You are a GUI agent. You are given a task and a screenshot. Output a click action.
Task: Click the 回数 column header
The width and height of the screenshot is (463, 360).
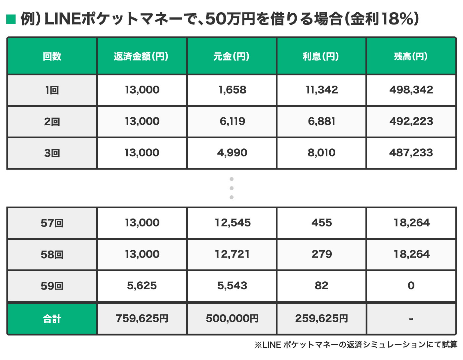(52, 56)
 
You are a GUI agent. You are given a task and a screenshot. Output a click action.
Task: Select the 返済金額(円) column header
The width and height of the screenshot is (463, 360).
(142, 56)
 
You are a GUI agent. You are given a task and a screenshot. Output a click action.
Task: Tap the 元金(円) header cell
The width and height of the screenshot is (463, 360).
(232, 56)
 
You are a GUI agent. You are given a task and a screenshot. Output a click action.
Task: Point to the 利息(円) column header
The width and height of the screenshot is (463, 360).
(321, 56)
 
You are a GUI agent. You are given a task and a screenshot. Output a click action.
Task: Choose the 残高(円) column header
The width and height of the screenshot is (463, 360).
(411, 56)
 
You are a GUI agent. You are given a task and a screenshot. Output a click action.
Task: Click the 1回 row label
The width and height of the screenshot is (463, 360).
(52, 90)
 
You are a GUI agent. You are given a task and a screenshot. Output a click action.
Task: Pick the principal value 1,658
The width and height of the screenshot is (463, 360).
(232, 90)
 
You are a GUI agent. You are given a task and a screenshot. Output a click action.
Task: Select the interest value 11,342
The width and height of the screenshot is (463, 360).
(321, 90)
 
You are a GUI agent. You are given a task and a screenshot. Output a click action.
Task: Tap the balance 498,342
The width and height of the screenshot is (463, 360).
(411, 90)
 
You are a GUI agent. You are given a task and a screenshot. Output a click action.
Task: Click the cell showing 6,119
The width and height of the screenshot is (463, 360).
(232, 121)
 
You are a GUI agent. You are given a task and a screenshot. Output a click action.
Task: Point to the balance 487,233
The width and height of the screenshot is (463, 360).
(411, 153)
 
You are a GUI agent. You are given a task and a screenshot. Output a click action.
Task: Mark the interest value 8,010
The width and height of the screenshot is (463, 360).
(321, 153)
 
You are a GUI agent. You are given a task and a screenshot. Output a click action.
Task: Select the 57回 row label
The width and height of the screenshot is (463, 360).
(52, 223)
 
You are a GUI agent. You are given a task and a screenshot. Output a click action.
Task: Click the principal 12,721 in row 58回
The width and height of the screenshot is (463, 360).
(232, 254)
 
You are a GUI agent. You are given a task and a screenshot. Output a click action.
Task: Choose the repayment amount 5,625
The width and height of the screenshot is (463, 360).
(142, 286)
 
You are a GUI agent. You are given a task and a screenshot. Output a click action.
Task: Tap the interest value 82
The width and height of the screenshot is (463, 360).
(321, 286)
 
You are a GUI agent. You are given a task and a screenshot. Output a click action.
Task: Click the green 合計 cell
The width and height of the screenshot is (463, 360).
(52, 319)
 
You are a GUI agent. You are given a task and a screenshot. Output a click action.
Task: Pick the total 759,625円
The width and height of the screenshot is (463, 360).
(142, 319)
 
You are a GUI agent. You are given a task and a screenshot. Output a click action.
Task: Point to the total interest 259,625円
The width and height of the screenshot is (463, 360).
(321, 319)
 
